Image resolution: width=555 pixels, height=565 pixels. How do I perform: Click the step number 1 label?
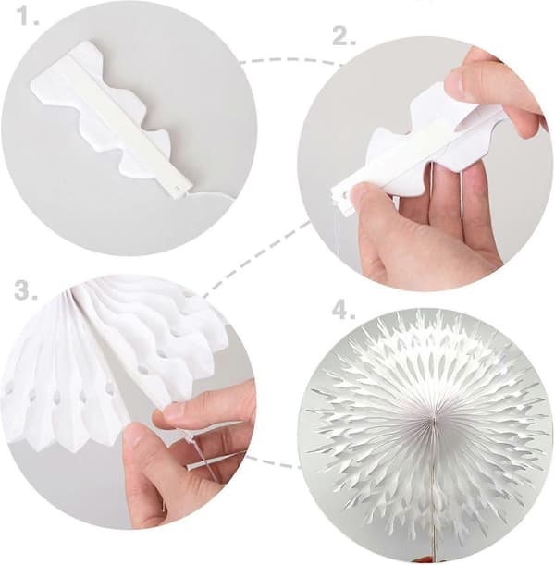(28, 17)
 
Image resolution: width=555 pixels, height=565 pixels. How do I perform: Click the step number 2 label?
(344, 36)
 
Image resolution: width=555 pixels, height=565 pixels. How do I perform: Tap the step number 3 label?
(26, 290)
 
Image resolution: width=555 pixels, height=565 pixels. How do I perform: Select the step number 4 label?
(344, 311)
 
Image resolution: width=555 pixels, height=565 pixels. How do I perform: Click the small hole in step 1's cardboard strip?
(178, 188)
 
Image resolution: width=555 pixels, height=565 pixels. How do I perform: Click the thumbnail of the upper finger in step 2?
(457, 82)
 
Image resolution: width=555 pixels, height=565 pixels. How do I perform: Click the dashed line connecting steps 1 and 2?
(292, 60)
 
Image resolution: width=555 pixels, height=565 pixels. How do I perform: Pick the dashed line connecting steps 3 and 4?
(274, 462)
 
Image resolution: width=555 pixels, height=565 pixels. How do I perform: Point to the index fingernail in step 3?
(170, 411)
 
